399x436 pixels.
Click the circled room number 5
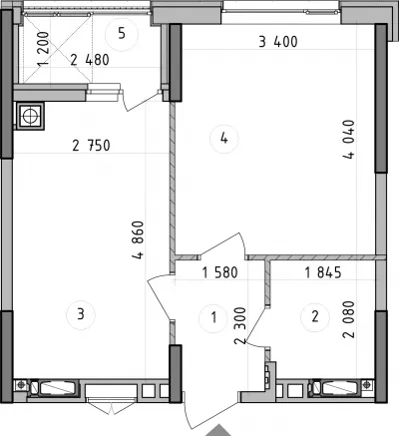click(x=122, y=34)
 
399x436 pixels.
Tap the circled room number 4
click(x=223, y=138)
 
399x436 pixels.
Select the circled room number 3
click(x=81, y=314)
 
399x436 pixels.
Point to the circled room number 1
click(x=213, y=317)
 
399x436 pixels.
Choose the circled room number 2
click(x=315, y=316)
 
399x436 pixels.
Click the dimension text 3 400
click(x=278, y=42)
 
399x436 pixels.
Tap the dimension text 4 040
click(x=349, y=140)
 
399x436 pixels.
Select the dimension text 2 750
click(x=91, y=146)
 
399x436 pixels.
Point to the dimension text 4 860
click(x=138, y=239)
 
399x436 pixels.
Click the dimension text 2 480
click(x=90, y=60)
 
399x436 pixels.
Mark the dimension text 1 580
click(x=219, y=272)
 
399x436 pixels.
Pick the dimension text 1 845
click(x=323, y=272)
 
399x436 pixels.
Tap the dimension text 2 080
click(x=349, y=319)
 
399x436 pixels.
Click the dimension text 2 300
click(x=240, y=326)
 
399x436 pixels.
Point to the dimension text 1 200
click(x=43, y=48)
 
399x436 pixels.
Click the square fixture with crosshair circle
click(x=30, y=116)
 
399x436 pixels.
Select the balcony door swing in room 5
click(x=142, y=101)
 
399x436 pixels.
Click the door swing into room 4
click(x=223, y=244)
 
